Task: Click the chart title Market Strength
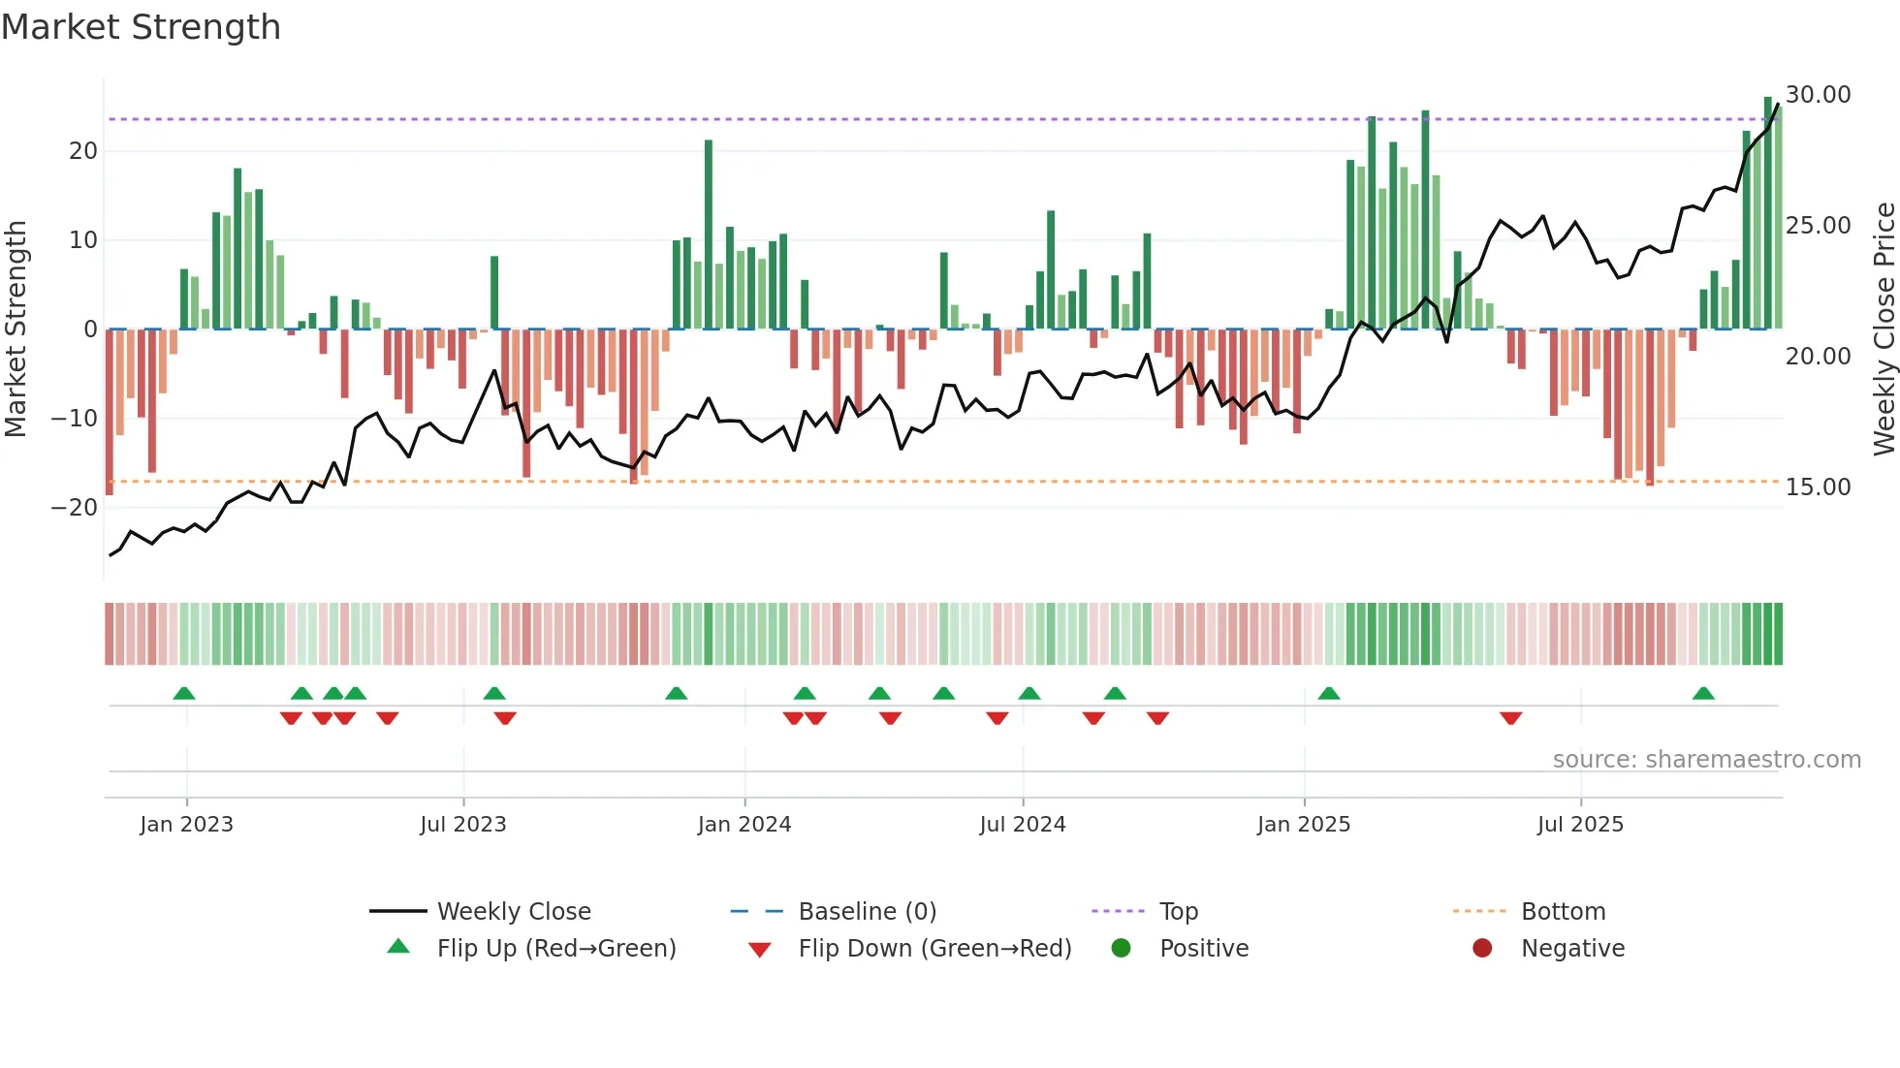tap(141, 27)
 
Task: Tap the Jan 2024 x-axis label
tap(744, 825)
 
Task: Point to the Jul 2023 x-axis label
tap(462, 825)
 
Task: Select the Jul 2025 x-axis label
tap(1579, 825)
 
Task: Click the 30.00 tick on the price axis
tap(1818, 95)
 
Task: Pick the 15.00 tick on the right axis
tap(1818, 487)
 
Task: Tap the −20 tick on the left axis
tap(74, 508)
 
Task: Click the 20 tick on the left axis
tap(83, 151)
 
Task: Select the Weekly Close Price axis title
tap(1884, 330)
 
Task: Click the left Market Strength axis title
tap(16, 330)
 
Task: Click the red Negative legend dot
tap(1481, 949)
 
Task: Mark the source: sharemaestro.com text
tap(1706, 760)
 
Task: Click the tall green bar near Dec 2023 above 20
tap(709, 233)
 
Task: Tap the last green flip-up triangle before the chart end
tap(1703, 693)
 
